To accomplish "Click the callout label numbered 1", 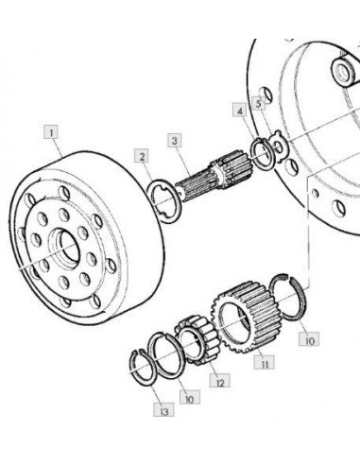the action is pos(52,131).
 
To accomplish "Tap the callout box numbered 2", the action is pos(142,156).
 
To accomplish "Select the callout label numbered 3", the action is pos(175,141).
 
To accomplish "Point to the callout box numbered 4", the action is pos(240,111).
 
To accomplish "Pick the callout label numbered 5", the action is pos(259,103).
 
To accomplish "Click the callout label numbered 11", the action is pos(264,363).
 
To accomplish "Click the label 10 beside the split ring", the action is pos(309,339).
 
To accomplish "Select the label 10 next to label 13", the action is pos(190,398).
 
